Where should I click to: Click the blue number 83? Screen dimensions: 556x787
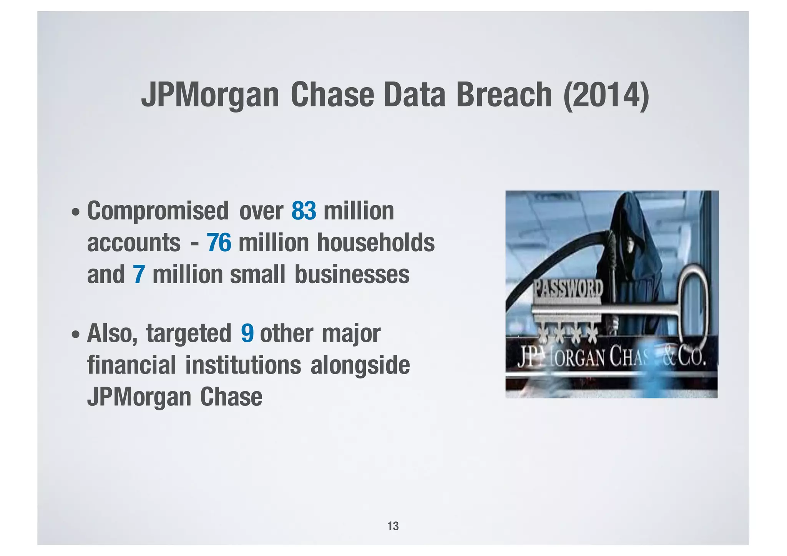click(304, 211)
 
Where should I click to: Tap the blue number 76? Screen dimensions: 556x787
click(219, 243)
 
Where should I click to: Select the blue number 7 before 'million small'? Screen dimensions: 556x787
click(139, 275)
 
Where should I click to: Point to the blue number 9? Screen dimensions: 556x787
click(247, 333)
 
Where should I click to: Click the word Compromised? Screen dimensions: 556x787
click(158, 212)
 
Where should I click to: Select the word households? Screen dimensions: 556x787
click(375, 243)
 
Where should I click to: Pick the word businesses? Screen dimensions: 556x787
click(352, 275)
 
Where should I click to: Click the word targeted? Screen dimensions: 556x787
click(188, 333)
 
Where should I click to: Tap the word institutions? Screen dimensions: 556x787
click(243, 365)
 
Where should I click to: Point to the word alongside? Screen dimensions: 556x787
click(360, 365)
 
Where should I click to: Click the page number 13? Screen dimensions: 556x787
click(393, 526)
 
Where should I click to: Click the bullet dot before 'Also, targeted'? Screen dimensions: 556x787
click(76, 334)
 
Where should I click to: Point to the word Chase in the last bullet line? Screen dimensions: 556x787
click(231, 397)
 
